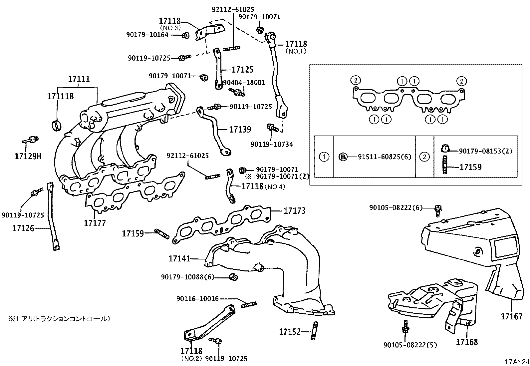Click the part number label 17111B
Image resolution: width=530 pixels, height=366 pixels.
pos(60,97)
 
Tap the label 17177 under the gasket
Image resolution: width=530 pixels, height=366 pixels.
pos(95,223)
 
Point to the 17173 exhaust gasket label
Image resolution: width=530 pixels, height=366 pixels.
pos(294,210)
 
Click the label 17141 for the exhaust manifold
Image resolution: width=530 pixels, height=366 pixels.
pos(179,258)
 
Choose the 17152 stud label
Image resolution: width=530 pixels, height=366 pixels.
pos(290,332)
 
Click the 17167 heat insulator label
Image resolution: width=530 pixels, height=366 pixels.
pos(512,316)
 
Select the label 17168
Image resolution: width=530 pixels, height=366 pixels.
pos(467,342)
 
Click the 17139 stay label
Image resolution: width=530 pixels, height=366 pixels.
pos(240,129)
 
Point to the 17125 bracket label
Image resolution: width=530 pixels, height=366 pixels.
pos(242,70)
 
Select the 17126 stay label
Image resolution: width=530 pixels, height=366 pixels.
pos(23,228)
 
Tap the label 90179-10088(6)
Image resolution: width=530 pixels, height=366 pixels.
pos(187,277)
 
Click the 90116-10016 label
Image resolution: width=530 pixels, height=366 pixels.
pos(197,299)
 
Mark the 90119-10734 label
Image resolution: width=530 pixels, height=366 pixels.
pos(272,144)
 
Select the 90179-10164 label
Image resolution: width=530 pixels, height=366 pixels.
pos(147,34)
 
